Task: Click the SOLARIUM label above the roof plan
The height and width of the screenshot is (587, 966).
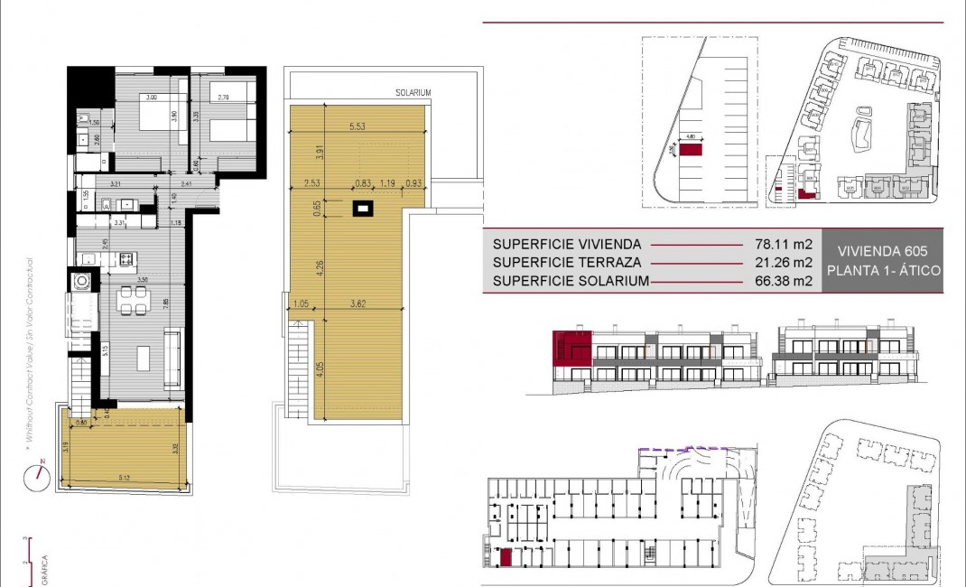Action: coord(412,93)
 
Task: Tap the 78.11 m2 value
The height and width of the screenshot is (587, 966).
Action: coord(784,244)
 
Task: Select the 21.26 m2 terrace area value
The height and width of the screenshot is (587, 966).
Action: coord(784,263)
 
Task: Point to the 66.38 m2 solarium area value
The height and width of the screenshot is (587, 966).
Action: coord(784,282)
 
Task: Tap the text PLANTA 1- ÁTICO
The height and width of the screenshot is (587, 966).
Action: coord(884,271)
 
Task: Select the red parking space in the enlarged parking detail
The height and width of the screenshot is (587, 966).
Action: coord(692,151)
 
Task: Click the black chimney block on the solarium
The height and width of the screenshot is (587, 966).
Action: coord(363,210)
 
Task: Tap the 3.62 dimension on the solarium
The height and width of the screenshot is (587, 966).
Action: coord(363,304)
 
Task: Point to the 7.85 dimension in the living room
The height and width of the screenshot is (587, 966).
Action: coord(165,303)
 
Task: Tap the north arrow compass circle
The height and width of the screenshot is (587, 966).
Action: coord(38,478)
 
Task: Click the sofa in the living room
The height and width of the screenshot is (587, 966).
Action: coord(172,350)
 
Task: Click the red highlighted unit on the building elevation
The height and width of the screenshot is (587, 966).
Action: coord(572,348)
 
